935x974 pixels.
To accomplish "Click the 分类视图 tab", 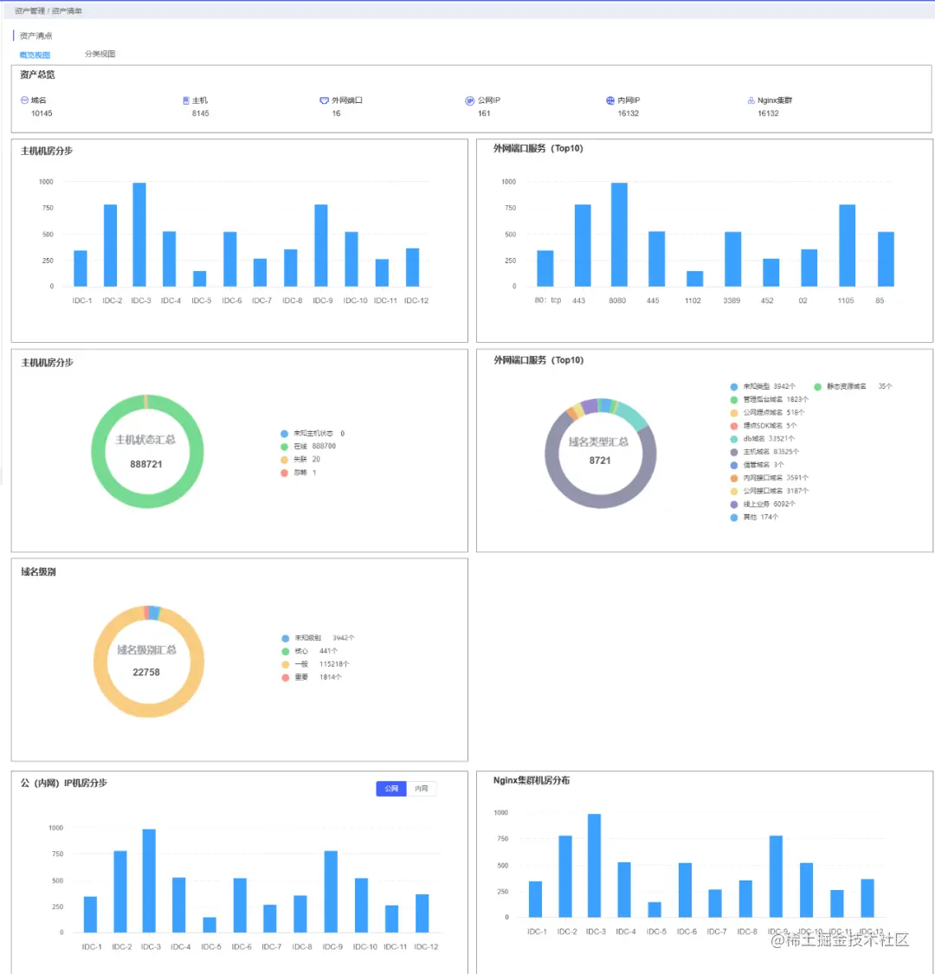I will tap(100, 54).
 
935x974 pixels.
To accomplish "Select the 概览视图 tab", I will tap(35, 55).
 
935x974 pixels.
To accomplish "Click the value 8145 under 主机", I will tap(200, 113).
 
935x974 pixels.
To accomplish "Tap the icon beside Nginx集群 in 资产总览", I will tap(751, 100).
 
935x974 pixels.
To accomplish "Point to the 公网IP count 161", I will tap(484, 113).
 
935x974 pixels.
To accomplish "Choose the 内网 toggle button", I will tap(422, 789).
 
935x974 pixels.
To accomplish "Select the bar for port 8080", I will tap(619, 234).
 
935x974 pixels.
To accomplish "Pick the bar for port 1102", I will tap(694, 278).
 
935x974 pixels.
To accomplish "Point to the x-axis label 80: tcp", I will tap(547, 300).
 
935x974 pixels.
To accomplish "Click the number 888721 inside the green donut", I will tap(146, 464).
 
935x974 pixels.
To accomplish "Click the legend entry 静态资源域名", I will tap(845, 386).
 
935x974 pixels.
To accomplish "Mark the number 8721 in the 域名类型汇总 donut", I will tap(600, 461).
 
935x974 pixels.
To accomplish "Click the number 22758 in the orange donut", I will tap(146, 672).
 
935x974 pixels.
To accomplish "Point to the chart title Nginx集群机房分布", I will tap(532, 780).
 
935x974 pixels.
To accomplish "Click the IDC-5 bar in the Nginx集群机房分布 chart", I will tap(654, 909).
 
